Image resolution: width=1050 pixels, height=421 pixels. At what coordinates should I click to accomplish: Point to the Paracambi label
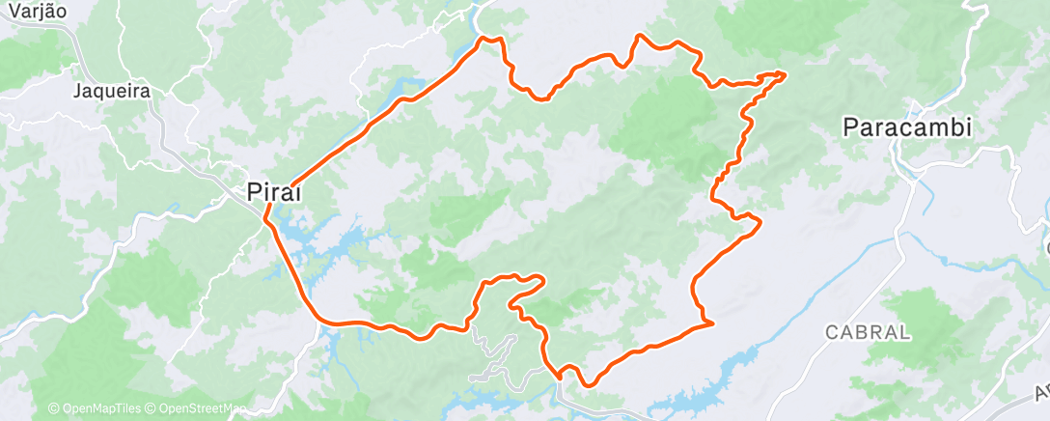click(x=905, y=126)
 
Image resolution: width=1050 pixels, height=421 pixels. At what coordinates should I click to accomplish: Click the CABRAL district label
click(x=868, y=331)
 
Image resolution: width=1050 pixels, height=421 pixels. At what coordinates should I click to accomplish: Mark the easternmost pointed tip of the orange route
click(x=784, y=73)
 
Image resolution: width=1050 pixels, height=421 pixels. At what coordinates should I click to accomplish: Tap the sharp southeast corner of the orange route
click(x=711, y=323)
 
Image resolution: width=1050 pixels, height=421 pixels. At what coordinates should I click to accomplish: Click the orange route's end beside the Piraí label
click(x=287, y=183)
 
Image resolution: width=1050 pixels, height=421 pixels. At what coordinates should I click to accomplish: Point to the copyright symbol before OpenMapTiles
click(x=53, y=409)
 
